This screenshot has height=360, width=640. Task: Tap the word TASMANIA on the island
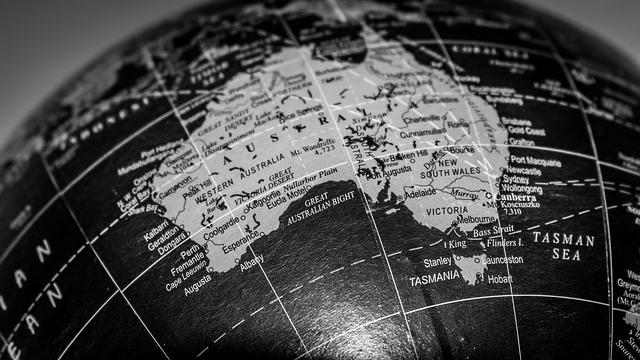434,276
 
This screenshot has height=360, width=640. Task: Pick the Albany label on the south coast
251,259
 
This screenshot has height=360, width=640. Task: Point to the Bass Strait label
493,232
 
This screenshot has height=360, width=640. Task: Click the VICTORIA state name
445,212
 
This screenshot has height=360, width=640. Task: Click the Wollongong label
521,187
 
